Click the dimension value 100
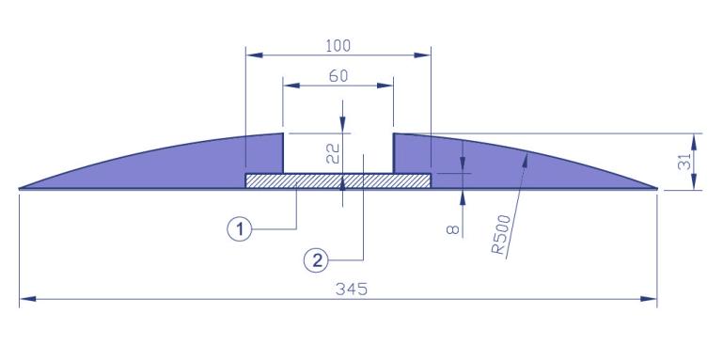coord(338,46)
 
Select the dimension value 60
coord(338,76)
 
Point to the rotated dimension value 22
coord(333,154)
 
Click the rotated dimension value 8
coord(454,229)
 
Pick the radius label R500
coord(501,235)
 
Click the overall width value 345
coord(352,290)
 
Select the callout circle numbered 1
coord(240,229)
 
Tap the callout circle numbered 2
coord(316,261)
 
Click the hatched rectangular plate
coord(338,180)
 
